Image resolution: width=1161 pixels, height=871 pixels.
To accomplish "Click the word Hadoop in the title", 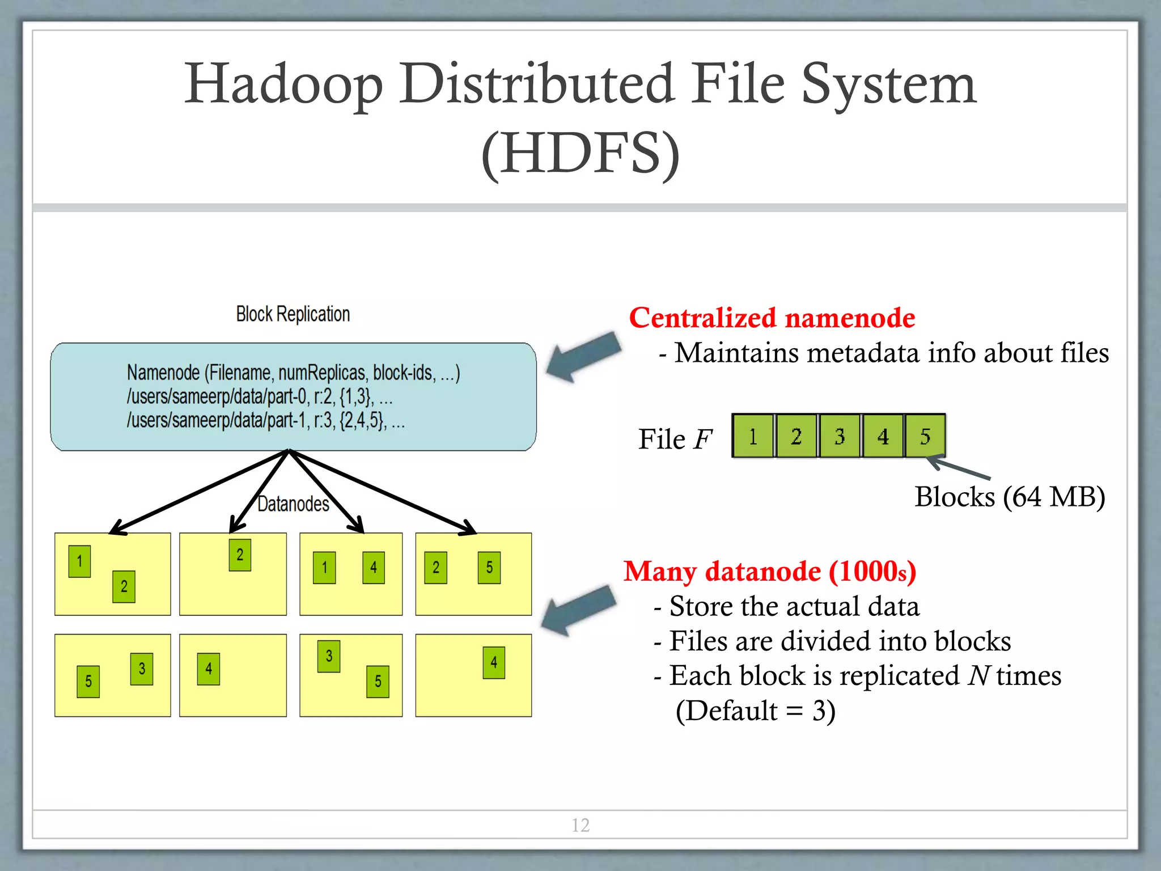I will (x=283, y=85).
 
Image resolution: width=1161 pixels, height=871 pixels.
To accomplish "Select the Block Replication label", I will (x=293, y=314).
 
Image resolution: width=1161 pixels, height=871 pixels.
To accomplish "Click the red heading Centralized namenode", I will (x=772, y=318).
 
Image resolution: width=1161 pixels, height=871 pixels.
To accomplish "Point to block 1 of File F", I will (x=753, y=436).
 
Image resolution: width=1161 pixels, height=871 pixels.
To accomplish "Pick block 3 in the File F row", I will (x=840, y=436).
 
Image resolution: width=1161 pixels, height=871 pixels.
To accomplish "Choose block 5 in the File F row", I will (x=925, y=436).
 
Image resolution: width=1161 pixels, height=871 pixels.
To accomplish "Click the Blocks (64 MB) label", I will (x=1009, y=497).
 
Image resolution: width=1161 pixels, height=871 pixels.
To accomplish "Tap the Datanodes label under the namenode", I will (x=293, y=504).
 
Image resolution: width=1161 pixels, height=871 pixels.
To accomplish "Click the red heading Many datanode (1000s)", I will (x=769, y=571).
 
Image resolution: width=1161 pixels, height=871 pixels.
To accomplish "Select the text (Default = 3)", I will (x=755, y=711).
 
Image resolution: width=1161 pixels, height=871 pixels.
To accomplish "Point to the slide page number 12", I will (x=580, y=825).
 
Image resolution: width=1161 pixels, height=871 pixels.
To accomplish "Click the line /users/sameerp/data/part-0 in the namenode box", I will (x=259, y=396).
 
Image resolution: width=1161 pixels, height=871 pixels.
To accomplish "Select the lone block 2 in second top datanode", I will (x=240, y=555).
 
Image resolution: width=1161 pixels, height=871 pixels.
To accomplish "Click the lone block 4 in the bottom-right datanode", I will (x=494, y=662).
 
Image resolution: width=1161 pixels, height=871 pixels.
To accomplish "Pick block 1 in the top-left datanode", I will (x=79, y=561).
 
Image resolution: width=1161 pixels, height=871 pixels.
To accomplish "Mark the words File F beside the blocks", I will (x=675, y=439).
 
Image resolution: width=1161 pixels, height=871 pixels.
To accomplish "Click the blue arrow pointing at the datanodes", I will (x=578, y=611).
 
